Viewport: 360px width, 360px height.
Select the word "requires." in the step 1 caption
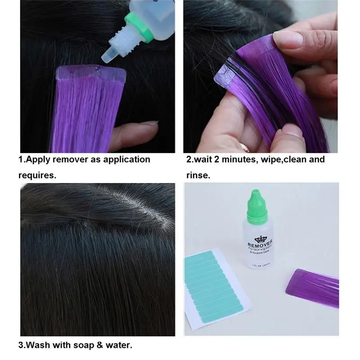pyautogui.click(x=37, y=175)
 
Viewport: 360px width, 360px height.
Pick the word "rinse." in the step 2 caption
pyautogui.click(x=198, y=175)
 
